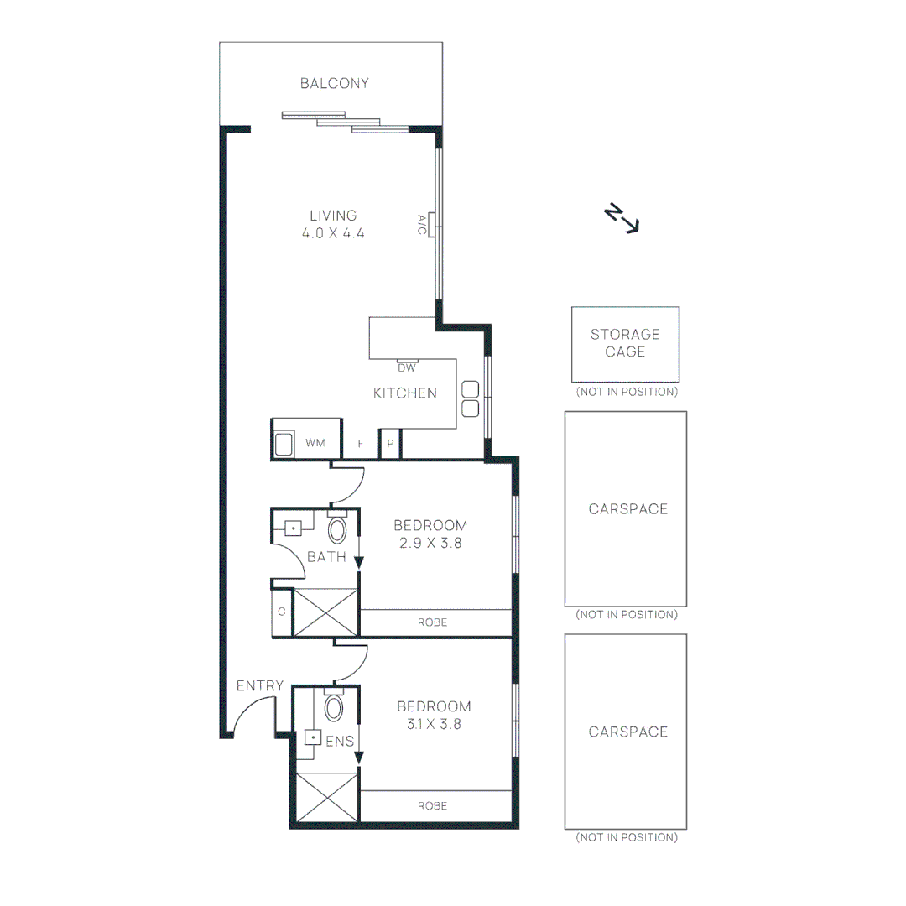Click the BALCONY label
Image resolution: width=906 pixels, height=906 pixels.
pyautogui.click(x=335, y=83)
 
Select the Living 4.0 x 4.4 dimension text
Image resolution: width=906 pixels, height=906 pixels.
pyautogui.click(x=333, y=234)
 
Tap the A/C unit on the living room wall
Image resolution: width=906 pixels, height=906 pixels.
pyautogui.click(x=430, y=224)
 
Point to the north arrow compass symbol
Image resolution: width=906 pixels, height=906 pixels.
pyautogui.click(x=622, y=217)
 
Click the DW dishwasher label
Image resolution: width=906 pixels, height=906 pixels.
pyautogui.click(x=406, y=367)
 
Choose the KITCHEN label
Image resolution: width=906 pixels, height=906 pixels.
pyautogui.click(x=405, y=393)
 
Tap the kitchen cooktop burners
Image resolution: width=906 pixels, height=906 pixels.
pyautogui.click(x=470, y=398)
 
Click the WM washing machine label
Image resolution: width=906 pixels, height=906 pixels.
pyautogui.click(x=315, y=442)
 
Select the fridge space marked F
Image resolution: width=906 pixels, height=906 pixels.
pyautogui.click(x=361, y=443)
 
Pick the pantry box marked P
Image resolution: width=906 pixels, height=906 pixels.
pyautogui.click(x=390, y=443)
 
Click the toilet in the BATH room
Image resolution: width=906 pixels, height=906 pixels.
pyautogui.click(x=337, y=528)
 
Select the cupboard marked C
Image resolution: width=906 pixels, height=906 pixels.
pyautogui.click(x=282, y=612)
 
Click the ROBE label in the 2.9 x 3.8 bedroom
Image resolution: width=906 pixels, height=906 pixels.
pyautogui.click(x=433, y=622)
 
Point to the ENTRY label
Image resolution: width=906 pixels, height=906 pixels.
pyautogui.click(x=259, y=685)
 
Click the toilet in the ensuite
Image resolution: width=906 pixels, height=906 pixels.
pyautogui.click(x=334, y=707)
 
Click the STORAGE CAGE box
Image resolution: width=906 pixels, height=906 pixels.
pyautogui.click(x=625, y=344)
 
